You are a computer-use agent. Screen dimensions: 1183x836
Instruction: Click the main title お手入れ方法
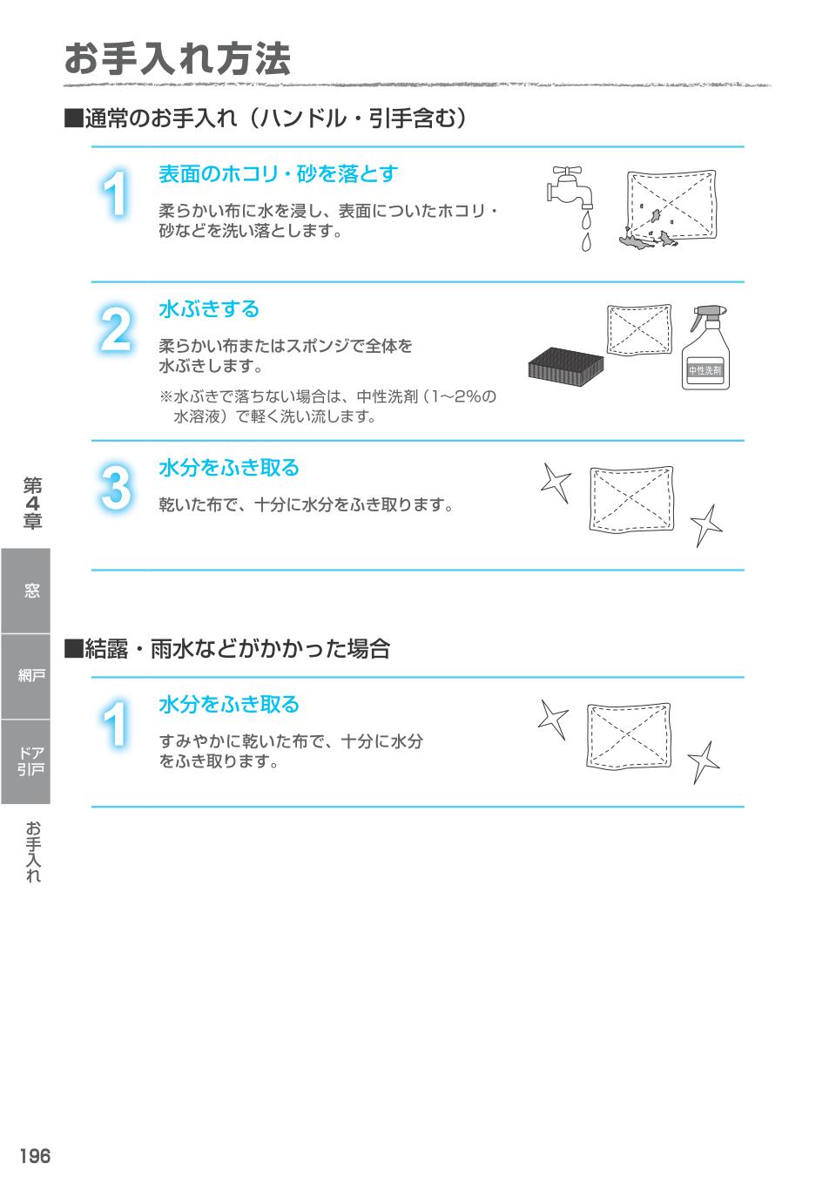pos(177,59)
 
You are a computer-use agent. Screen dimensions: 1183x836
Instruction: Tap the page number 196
pos(36,1156)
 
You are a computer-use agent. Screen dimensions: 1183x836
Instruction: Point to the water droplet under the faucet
pos(586,240)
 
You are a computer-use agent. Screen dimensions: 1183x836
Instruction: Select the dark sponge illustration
pos(567,363)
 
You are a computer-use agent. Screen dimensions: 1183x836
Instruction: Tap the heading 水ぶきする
pos(209,309)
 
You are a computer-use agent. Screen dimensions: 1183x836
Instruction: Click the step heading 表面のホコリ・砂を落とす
pos(278,174)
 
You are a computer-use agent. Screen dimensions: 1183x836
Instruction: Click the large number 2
pos(116,330)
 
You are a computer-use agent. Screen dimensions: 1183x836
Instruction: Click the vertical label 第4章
pos(32,504)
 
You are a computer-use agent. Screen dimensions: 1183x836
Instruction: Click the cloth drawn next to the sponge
pos(639,330)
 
